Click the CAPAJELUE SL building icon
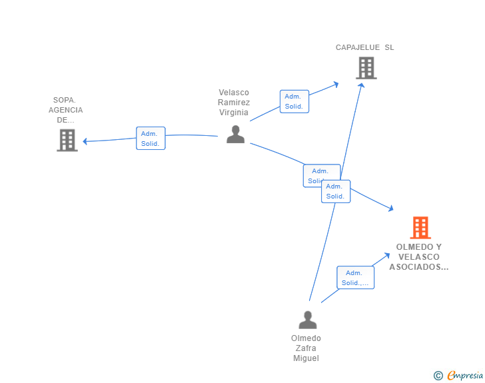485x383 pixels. click(366, 68)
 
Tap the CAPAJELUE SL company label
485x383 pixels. click(364, 47)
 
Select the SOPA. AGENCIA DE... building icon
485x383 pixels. click(67, 140)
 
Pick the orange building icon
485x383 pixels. click(420, 228)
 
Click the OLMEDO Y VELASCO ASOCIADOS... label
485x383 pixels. click(419, 256)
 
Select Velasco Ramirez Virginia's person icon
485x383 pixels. click(235, 134)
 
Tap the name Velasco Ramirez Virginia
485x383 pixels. click(234, 103)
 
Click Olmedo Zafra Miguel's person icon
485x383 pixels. click(307, 320)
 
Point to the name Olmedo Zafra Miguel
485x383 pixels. click(306, 348)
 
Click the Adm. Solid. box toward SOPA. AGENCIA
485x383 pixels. click(151, 139)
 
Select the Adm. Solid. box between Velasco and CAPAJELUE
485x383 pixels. click(294, 101)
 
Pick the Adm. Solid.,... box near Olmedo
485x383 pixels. click(355, 278)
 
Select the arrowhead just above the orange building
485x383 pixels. click(391, 209)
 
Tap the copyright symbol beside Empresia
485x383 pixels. click(438, 376)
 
